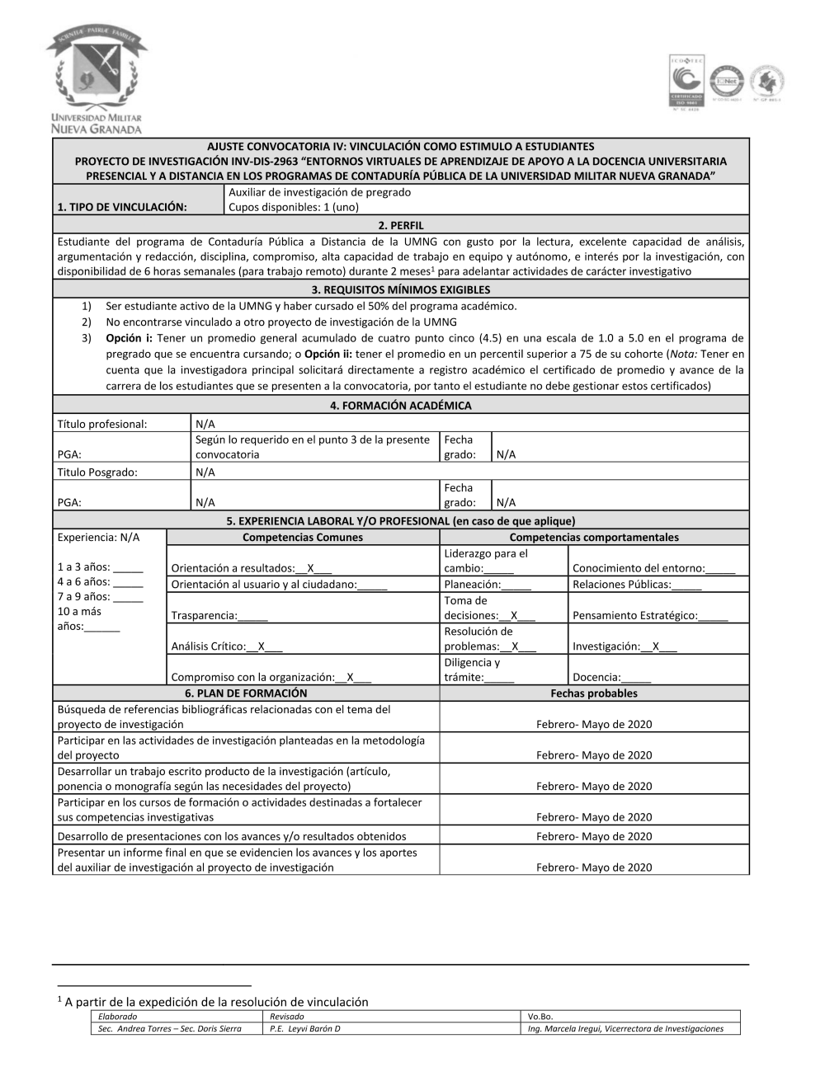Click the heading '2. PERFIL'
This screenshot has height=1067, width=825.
click(401, 225)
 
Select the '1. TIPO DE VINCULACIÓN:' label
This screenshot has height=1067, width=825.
click(122, 207)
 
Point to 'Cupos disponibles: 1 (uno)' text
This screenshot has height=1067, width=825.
click(293, 207)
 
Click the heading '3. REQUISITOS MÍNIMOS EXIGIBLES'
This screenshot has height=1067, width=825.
click(401, 289)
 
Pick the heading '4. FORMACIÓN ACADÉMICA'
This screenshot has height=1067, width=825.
click(401, 406)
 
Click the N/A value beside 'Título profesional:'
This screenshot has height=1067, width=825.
click(205, 424)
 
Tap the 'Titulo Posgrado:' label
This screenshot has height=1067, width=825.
click(97, 472)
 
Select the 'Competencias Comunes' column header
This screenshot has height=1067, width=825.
click(303, 538)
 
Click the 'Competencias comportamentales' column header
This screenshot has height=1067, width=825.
click(594, 538)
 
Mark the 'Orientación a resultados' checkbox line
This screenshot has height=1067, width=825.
click(252, 568)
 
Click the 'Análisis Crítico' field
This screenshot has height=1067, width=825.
click(227, 646)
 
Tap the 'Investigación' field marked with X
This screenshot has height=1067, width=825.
click(625, 646)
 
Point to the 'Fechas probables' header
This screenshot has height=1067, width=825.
click(594, 693)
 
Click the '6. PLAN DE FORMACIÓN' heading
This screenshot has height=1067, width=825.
click(246, 693)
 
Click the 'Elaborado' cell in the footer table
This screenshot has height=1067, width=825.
click(118, 1017)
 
